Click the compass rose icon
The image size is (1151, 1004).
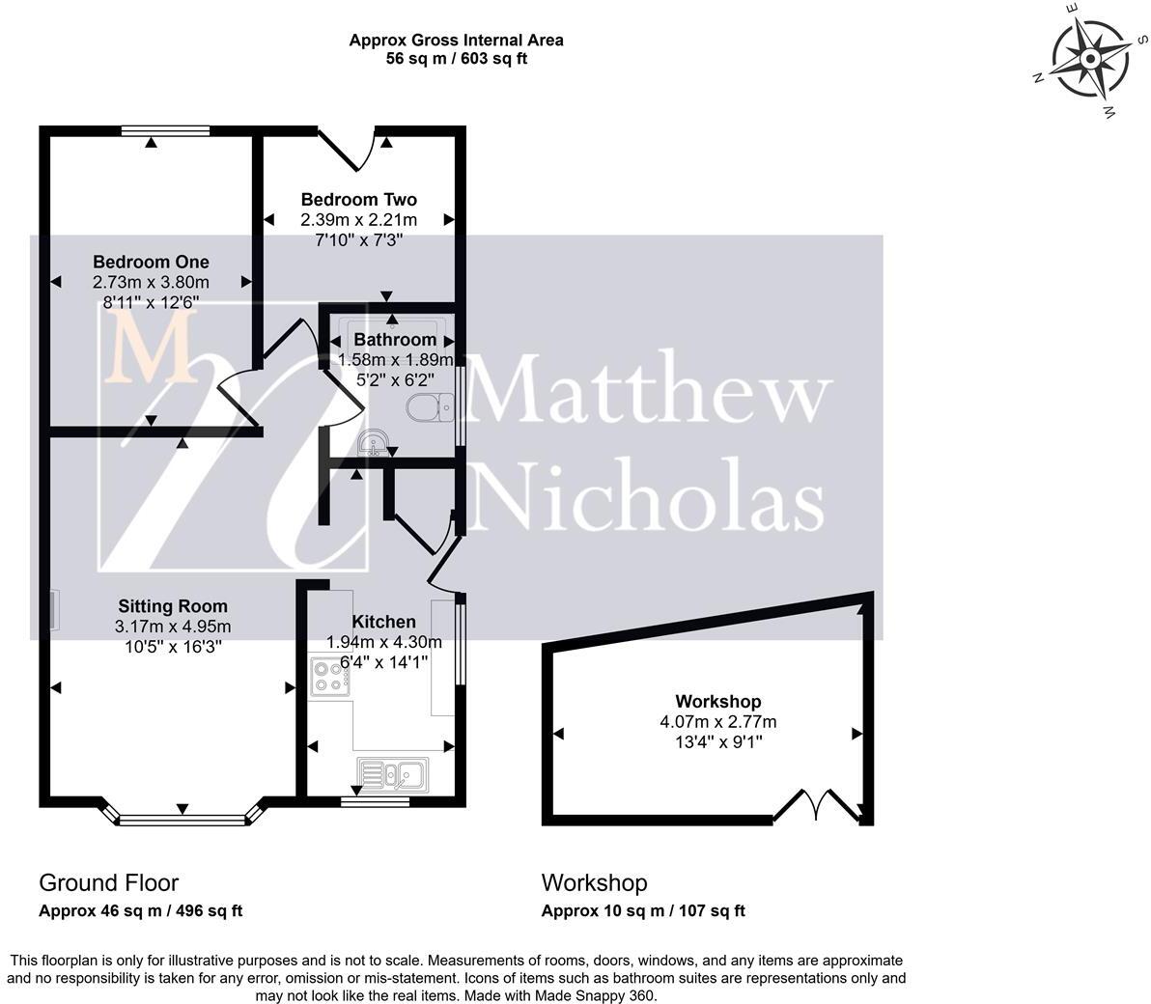tap(1091, 60)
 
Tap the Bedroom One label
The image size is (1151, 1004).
tap(151, 262)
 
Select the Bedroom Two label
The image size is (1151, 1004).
tap(358, 200)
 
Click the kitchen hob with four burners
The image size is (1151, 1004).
tap(330, 675)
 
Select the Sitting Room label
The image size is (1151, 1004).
tap(173, 606)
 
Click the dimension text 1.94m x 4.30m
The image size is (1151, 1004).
tap(383, 642)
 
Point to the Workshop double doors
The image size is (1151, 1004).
tap(817, 805)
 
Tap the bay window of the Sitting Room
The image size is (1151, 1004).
tap(182, 820)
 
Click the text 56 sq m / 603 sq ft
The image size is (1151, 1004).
tap(456, 58)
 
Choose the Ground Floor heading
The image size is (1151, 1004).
tap(108, 882)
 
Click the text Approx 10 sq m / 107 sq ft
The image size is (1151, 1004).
tap(643, 910)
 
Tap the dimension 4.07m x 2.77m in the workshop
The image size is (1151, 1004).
tap(717, 721)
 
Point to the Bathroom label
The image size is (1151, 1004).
tap(395, 340)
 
